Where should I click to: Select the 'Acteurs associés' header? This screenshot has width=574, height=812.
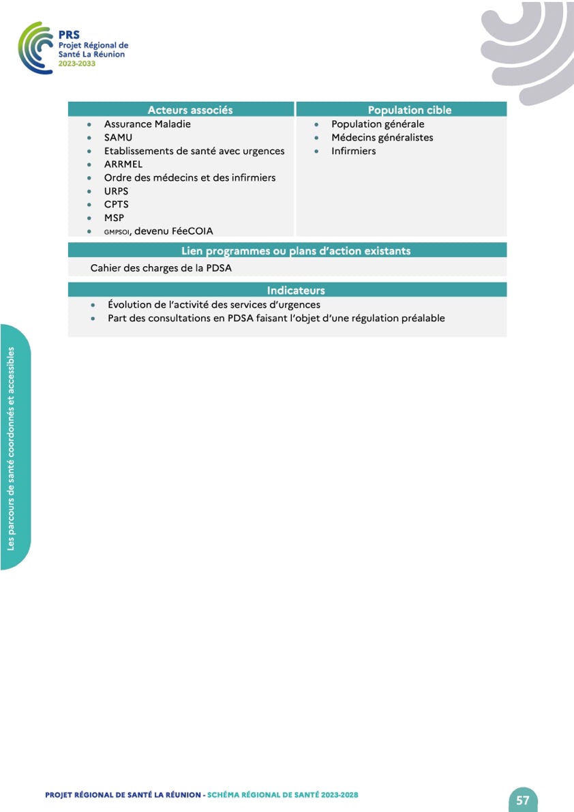coord(190,110)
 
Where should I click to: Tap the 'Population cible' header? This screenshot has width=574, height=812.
coord(409,110)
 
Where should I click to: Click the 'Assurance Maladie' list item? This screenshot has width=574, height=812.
coord(147,124)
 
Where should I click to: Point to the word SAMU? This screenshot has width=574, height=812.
coord(118,138)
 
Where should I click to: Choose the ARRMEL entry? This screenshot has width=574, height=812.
coord(123,164)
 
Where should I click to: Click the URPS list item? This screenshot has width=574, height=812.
coord(116,191)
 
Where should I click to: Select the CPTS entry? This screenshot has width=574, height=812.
coord(116,204)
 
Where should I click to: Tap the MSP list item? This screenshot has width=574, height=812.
coord(114,218)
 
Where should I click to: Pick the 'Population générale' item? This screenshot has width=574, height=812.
coord(378,124)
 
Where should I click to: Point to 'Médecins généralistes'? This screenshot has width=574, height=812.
coord(382,138)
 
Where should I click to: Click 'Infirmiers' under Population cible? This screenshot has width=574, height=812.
coord(353,151)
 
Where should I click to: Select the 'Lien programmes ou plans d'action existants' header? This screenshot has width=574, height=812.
coord(296,251)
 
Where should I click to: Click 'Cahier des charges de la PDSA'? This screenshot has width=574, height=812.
coord(161,268)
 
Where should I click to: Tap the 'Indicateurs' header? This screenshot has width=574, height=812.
coord(296,291)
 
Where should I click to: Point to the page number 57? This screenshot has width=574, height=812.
coord(523,800)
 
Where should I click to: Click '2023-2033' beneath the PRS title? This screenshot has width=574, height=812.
coord(76,63)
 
